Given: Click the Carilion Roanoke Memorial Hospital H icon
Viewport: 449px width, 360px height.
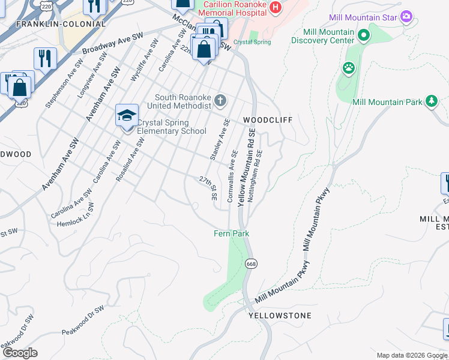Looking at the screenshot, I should point(276,7).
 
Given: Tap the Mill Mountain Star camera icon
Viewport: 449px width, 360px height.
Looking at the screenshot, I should point(406,16).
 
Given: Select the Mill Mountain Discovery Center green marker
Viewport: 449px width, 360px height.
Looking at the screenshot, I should point(363,35).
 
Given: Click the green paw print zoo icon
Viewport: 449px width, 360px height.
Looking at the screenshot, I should point(349,68).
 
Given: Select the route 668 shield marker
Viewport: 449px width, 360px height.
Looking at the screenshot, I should point(251,263).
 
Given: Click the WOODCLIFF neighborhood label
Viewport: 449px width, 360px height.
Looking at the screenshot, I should point(267,120).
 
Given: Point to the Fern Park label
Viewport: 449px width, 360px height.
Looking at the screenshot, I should point(232,233).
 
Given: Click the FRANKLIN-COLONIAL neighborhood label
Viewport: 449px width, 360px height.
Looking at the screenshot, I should point(61,24).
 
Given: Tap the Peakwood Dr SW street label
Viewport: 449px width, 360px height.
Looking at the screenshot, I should point(83,321).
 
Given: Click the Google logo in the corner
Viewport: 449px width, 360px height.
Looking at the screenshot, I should point(20,353).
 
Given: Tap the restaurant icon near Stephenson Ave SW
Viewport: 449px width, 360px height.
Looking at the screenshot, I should point(45,59).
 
